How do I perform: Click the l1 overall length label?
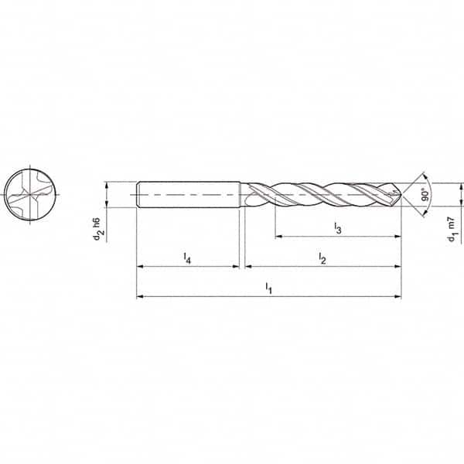point(268,288)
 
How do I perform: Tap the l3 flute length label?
point(337,227)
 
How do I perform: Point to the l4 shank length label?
point(187,258)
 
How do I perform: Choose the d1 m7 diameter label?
point(452,229)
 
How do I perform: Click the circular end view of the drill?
point(30,194)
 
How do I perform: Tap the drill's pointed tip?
point(400,194)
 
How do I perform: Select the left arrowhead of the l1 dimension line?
point(139,296)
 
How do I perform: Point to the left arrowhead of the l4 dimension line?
point(139,266)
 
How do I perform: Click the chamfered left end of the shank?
point(138,194)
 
